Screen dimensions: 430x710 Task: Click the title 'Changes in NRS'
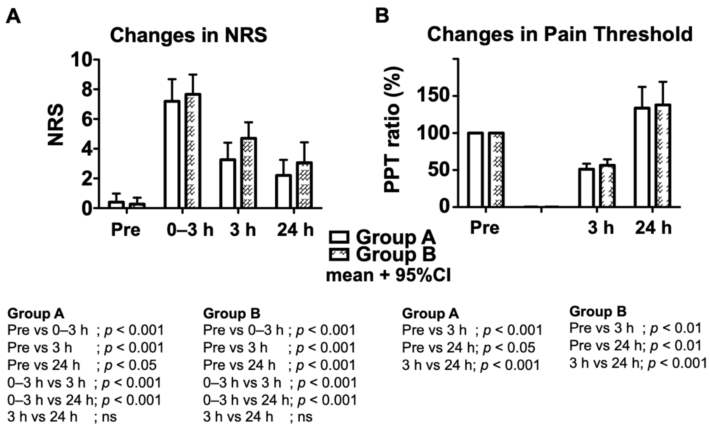point(189,36)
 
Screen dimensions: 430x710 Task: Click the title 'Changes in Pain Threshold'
point(560,35)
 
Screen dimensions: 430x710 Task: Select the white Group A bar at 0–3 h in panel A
point(172,154)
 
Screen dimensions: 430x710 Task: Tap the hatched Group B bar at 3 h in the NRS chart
point(248,173)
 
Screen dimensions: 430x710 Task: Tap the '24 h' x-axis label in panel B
point(653,228)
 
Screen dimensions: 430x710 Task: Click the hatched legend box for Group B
point(339,255)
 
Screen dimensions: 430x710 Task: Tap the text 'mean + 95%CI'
point(388,275)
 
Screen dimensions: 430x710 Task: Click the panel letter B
point(382,16)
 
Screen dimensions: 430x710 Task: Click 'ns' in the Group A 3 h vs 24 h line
point(109,417)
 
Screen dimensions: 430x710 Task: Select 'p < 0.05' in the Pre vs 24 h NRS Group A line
point(130,365)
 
